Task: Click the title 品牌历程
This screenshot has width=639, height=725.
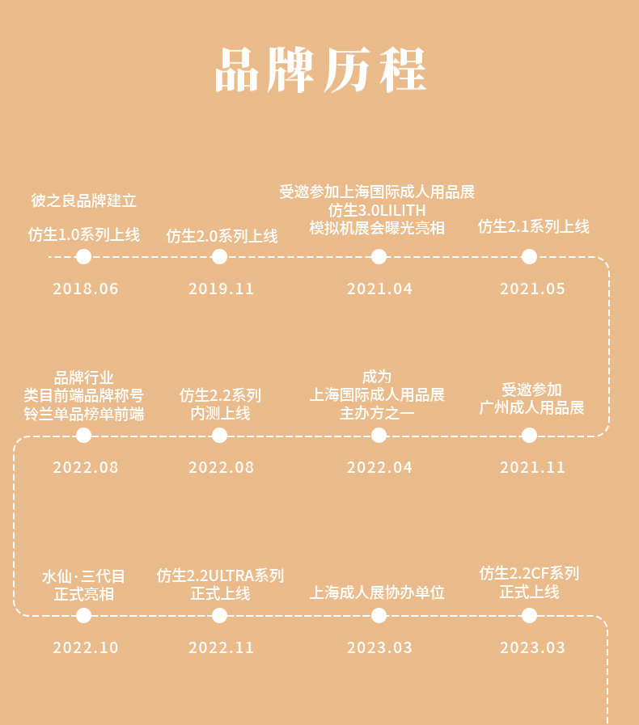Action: (x=320, y=70)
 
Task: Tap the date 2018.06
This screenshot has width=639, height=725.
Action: (x=86, y=289)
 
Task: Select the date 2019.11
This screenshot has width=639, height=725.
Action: (x=221, y=289)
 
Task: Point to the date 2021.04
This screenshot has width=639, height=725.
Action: (x=379, y=289)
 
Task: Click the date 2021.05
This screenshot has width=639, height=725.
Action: (x=532, y=289)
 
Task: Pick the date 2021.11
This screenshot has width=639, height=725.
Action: (x=532, y=467)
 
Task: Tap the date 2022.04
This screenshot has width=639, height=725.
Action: (x=379, y=467)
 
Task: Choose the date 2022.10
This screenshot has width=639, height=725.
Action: (x=86, y=647)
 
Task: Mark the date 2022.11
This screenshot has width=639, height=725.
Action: (x=221, y=647)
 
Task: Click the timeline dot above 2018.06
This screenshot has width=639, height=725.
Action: (x=84, y=256)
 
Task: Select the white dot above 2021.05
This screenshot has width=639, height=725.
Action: (x=529, y=256)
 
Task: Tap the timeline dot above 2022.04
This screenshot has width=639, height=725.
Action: (x=379, y=435)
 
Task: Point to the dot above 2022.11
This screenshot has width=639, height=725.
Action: (x=219, y=615)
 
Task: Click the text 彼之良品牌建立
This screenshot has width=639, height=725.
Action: (x=84, y=200)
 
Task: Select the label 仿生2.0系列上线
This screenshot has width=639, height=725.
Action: (x=222, y=236)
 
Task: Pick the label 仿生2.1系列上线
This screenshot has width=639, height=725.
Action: (x=534, y=226)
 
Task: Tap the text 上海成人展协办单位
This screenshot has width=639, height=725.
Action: (x=377, y=592)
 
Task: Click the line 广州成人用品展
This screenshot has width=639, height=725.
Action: (x=531, y=408)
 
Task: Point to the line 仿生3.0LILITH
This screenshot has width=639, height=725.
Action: (x=377, y=210)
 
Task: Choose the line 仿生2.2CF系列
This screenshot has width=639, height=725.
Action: (x=529, y=573)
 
